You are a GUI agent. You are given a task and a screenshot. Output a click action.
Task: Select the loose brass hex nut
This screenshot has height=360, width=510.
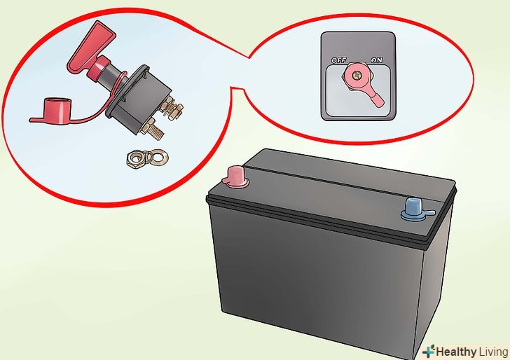tap(136, 159)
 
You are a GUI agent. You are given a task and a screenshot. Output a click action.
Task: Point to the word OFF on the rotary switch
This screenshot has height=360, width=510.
tap(339, 60)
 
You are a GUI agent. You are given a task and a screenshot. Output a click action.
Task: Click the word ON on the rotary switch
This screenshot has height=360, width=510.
tap(376, 60)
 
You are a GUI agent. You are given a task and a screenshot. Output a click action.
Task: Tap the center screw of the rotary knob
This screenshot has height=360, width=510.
tap(357, 76)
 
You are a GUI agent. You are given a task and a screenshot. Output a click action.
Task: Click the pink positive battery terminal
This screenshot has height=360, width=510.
tap(237, 177)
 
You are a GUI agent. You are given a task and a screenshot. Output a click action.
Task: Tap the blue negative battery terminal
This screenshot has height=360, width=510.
tap(415, 209)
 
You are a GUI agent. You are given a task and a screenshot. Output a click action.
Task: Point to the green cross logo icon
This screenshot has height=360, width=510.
tap(428, 352)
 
